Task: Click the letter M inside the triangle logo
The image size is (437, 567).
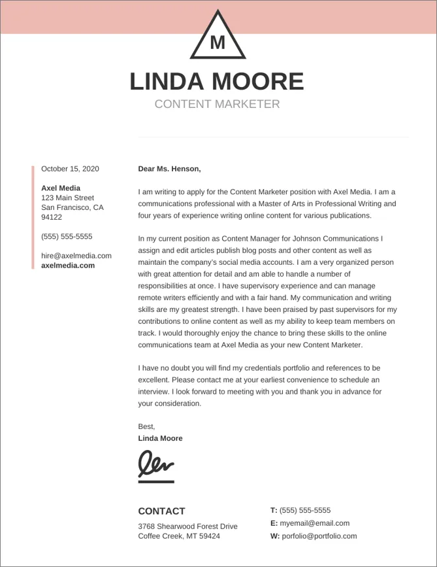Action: pyautogui.click(x=218, y=43)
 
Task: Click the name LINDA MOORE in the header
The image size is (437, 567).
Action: pyautogui.click(x=217, y=82)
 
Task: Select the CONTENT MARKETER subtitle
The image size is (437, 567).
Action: pyautogui.click(x=217, y=104)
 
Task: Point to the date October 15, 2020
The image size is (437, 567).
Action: pyautogui.click(x=70, y=169)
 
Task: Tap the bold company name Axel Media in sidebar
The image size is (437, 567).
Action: pyautogui.click(x=61, y=188)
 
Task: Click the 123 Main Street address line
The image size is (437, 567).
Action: pyautogui.click(x=67, y=198)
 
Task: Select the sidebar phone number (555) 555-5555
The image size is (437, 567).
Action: pyautogui.click(x=67, y=237)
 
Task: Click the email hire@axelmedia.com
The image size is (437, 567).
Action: pyautogui.click(x=76, y=256)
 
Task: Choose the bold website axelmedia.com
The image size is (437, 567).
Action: pyautogui.click(x=68, y=266)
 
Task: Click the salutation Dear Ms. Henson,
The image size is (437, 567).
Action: pyautogui.click(x=169, y=169)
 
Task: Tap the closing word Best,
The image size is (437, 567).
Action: pyautogui.click(x=146, y=426)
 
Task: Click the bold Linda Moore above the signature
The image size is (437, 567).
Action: pyautogui.click(x=160, y=438)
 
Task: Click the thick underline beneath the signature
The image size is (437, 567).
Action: pyautogui.click(x=156, y=482)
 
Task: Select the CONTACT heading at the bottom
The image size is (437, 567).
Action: pyautogui.click(x=161, y=511)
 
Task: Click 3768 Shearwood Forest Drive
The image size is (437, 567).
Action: pyautogui.click(x=187, y=526)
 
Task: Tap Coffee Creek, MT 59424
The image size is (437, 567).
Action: pyautogui.click(x=179, y=536)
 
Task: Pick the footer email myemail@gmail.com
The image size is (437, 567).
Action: pyautogui.click(x=314, y=523)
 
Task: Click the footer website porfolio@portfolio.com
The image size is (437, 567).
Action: pyautogui.click(x=319, y=536)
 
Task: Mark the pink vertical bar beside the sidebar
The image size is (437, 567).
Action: pyautogui.click(x=33, y=217)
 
